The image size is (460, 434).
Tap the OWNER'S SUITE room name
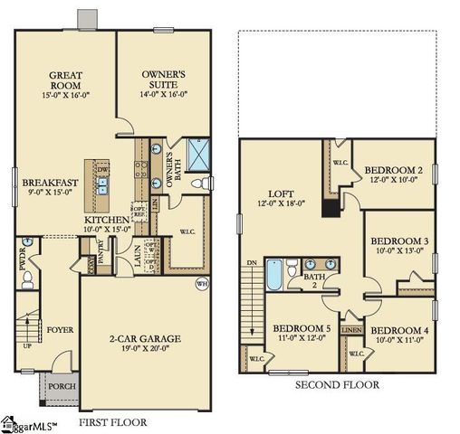164,71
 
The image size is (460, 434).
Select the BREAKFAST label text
51,182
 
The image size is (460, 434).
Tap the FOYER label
61,330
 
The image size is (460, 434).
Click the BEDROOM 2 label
394,170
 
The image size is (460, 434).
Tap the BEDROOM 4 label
399,330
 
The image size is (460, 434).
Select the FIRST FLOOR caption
112,421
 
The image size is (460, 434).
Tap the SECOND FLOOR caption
337,384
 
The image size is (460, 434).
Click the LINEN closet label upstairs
351,331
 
